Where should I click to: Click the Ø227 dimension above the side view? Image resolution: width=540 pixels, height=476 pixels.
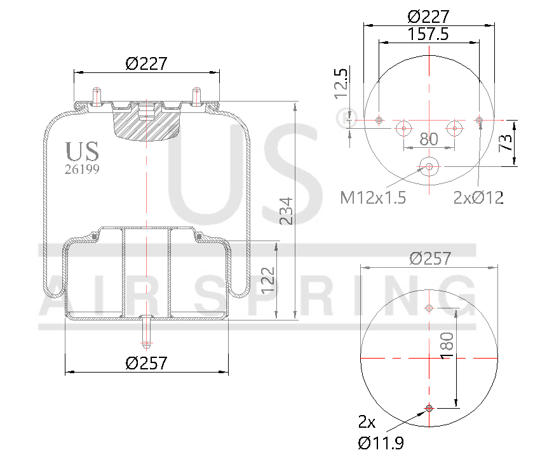(x=146, y=63)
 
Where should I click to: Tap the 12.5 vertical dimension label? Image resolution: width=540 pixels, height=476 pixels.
(x=341, y=83)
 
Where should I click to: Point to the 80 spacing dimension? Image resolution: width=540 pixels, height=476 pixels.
(x=429, y=138)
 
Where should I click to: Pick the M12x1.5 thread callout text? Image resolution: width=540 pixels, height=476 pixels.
(x=373, y=198)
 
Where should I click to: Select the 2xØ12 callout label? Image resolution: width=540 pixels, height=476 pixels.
(x=478, y=198)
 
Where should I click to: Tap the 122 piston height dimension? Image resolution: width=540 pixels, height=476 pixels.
(x=268, y=280)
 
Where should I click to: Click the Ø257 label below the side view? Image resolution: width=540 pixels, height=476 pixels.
(x=146, y=363)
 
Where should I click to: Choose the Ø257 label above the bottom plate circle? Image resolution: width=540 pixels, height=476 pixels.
(x=430, y=258)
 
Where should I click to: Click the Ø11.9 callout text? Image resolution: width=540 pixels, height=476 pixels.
(x=381, y=443)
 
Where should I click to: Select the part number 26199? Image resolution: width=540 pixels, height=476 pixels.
(x=82, y=169)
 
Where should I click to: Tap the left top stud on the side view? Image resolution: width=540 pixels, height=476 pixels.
(x=97, y=95)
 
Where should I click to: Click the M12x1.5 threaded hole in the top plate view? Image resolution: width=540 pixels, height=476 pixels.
(x=429, y=167)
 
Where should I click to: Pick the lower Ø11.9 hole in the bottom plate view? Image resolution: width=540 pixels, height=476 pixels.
(x=429, y=407)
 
